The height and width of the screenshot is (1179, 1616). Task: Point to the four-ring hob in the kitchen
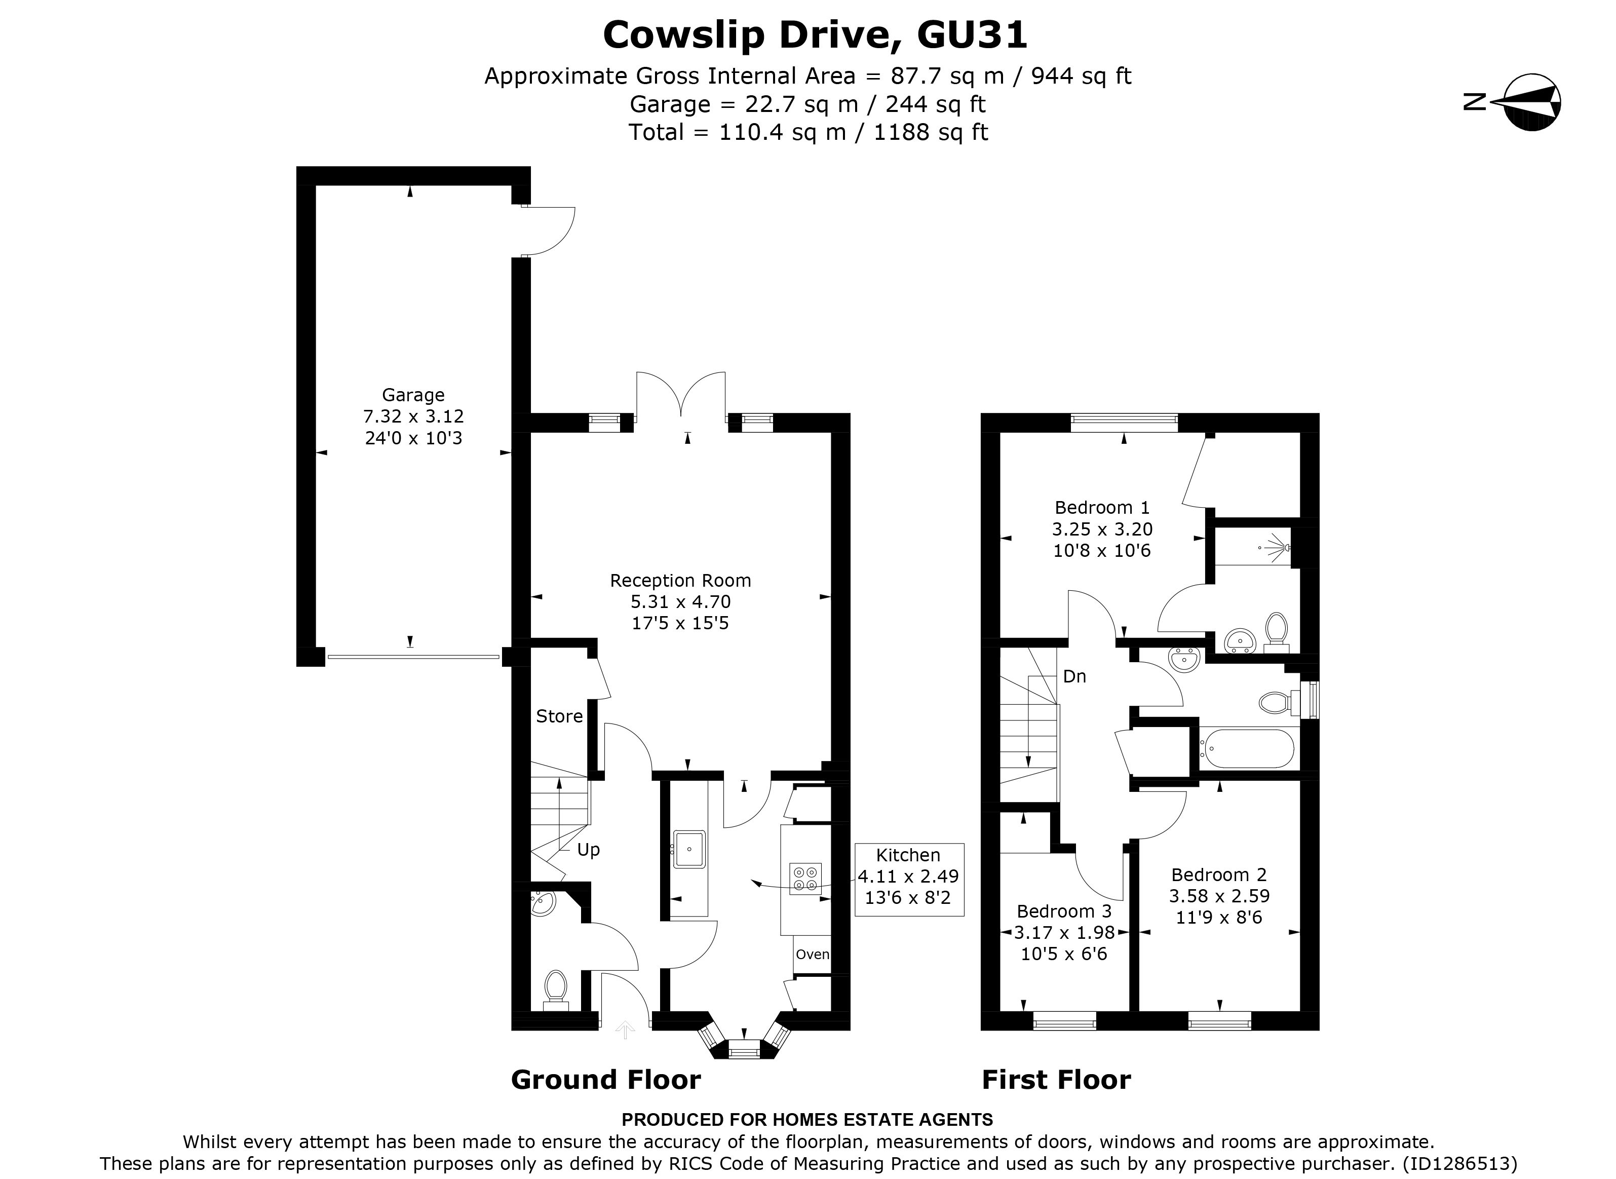coord(805,879)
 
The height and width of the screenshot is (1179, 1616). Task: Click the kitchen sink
coord(689,849)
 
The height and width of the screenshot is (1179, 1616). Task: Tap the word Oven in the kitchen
coord(812,954)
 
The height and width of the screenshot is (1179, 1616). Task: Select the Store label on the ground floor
coord(559,716)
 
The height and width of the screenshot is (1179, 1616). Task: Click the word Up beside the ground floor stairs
coord(588,850)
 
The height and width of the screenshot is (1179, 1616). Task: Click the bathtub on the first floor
coord(1246,749)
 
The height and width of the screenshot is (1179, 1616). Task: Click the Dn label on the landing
coord(1074,676)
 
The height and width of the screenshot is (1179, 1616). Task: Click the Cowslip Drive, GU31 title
coord(815,34)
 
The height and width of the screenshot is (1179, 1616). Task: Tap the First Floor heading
coord(1056,1080)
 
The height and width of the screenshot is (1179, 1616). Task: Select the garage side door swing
coord(548,231)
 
